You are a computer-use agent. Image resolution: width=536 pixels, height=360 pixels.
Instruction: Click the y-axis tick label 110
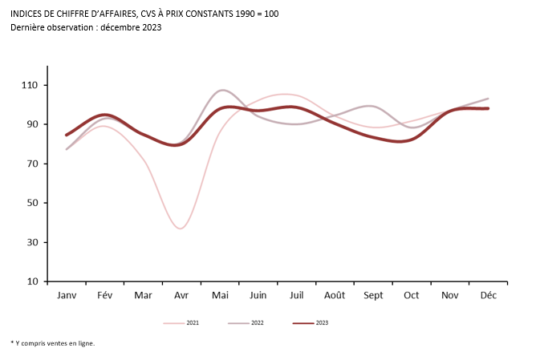[31, 85]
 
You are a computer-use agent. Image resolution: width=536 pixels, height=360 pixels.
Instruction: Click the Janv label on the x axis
[67, 295]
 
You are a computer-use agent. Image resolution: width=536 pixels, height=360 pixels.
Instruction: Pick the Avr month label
[181, 295]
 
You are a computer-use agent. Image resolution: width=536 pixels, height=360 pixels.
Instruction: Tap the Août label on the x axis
[335, 295]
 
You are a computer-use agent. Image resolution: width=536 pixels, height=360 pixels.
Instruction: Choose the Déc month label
[488, 295]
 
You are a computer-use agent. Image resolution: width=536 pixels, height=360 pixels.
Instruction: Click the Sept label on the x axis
[373, 295]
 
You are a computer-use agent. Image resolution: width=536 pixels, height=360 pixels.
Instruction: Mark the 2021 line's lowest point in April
[181, 229]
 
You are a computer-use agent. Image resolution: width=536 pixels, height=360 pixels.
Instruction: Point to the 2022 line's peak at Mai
[222, 91]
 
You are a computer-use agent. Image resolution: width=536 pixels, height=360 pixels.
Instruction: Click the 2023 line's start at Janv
[67, 135]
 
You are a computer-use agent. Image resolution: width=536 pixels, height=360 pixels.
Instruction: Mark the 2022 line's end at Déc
[488, 99]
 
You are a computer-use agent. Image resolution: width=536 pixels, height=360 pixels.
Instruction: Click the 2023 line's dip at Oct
[401, 142]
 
